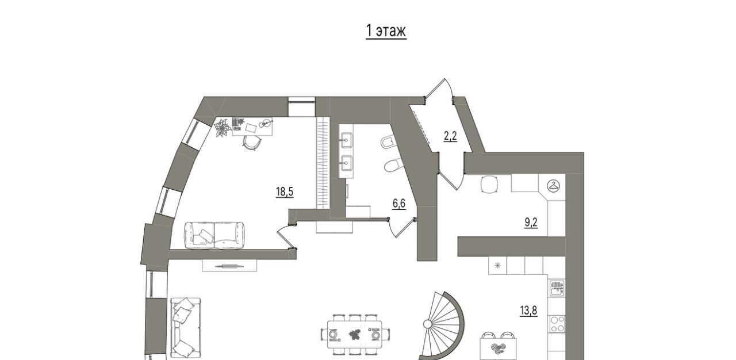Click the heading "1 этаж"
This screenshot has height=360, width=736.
click(386, 31)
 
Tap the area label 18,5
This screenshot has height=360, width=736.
click(285, 192)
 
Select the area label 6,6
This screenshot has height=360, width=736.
click(399, 204)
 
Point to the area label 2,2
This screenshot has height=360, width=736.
click(450, 136)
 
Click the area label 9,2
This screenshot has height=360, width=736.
click(531, 223)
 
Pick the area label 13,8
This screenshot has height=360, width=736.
click(528, 311)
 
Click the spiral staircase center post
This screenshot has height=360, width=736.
click(427, 324)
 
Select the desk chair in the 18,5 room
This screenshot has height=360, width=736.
click(252, 143)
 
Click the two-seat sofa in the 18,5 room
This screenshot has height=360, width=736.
click(214, 235)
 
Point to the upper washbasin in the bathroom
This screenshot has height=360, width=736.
click(346, 140)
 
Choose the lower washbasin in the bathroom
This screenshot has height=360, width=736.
click(346, 163)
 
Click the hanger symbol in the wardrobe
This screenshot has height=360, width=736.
click(553, 186)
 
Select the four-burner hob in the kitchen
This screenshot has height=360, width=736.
click(557, 324)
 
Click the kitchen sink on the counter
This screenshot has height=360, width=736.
click(556, 288)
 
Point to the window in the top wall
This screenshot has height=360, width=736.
click(302, 106)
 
